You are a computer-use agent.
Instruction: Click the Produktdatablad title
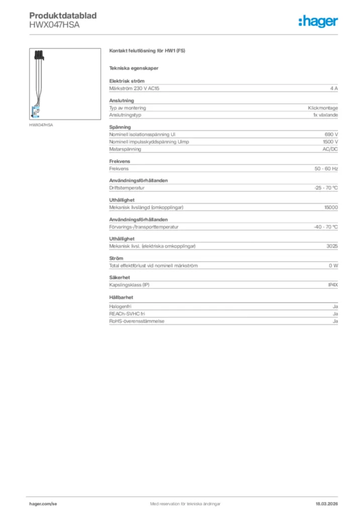[x=63, y=16]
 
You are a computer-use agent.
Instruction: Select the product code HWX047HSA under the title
[x=54, y=24]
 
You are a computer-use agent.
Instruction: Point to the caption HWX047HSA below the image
[x=42, y=124]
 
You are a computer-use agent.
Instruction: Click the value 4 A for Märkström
[x=334, y=88]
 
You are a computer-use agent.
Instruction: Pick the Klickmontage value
[x=323, y=108]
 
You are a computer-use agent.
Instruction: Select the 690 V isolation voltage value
[x=331, y=135]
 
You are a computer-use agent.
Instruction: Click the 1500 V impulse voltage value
[x=330, y=142]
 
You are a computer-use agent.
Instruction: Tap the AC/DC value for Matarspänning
[x=330, y=149]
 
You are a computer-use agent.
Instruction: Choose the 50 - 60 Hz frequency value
[x=326, y=169]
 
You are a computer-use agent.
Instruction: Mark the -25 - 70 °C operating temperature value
[x=325, y=188]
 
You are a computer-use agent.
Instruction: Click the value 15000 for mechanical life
[x=331, y=207]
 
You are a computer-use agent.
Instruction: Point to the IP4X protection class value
[x=333, y=285]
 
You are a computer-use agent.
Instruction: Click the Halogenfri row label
[x=121, y=306]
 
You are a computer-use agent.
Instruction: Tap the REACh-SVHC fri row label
[x=127, y=313]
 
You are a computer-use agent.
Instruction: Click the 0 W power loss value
[x=333, y=266]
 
